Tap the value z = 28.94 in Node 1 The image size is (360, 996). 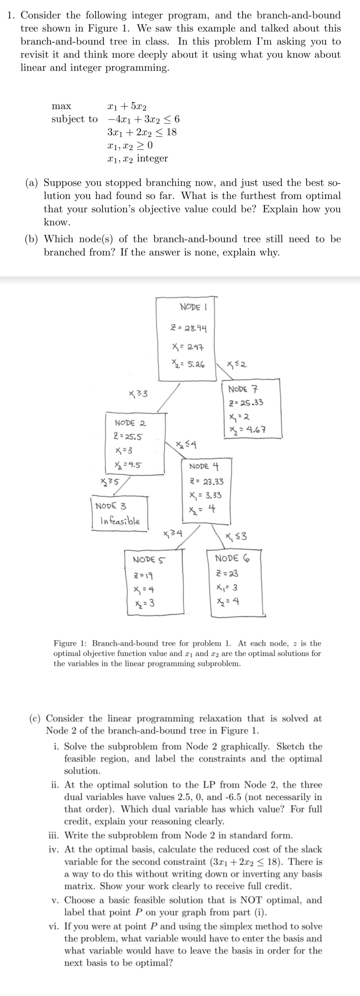189,329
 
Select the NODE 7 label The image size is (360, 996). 243,389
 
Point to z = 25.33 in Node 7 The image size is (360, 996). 246,402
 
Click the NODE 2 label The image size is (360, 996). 130,423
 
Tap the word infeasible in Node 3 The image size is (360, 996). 120,520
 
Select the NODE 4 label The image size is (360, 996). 204,466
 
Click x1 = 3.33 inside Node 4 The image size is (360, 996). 205,495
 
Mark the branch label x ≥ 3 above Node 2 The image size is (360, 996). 137,394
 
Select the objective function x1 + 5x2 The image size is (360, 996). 127,106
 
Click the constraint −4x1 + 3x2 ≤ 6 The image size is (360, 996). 143,119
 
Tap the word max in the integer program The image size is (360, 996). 61,106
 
